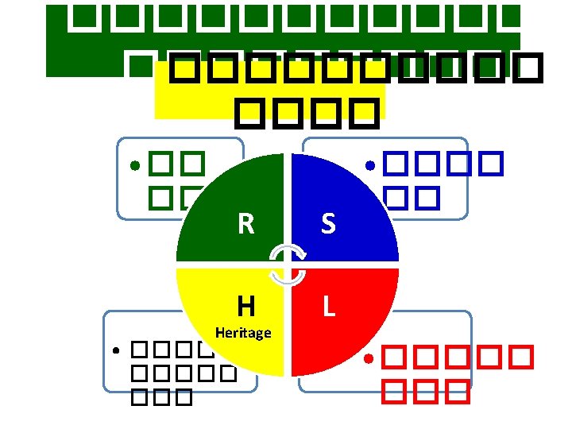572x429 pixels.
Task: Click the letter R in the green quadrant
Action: click(246, 225)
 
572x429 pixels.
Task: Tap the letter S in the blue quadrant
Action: click(327, 225)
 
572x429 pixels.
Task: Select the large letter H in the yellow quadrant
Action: click(245, 305)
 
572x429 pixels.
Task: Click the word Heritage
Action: click(243, 333)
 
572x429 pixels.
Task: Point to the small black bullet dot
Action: click(116, 350)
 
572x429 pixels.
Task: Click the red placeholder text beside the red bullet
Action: click(453, 373)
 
